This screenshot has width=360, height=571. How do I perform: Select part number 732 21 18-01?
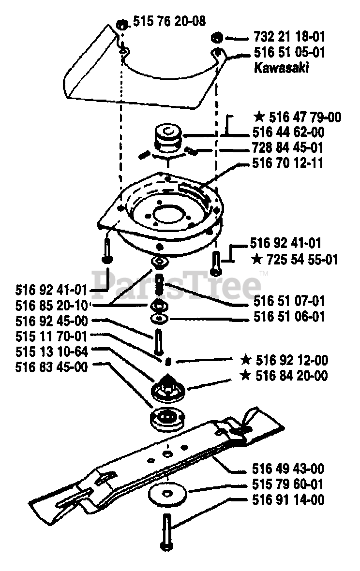click(x=289, y=36)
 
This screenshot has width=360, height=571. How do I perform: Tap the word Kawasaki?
click(x=281, y=68)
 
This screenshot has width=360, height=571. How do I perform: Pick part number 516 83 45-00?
click(x=51, y=367)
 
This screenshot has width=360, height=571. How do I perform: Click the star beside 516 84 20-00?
click(x=246, y=375)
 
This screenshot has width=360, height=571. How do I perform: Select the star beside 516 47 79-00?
click(x=259, y=117)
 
